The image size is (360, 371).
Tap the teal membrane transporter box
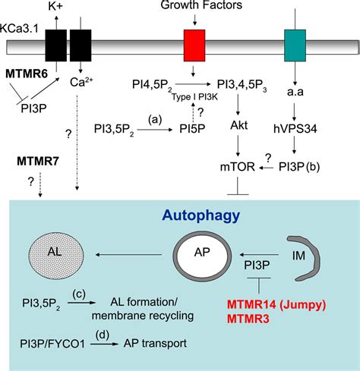(294, 46)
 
